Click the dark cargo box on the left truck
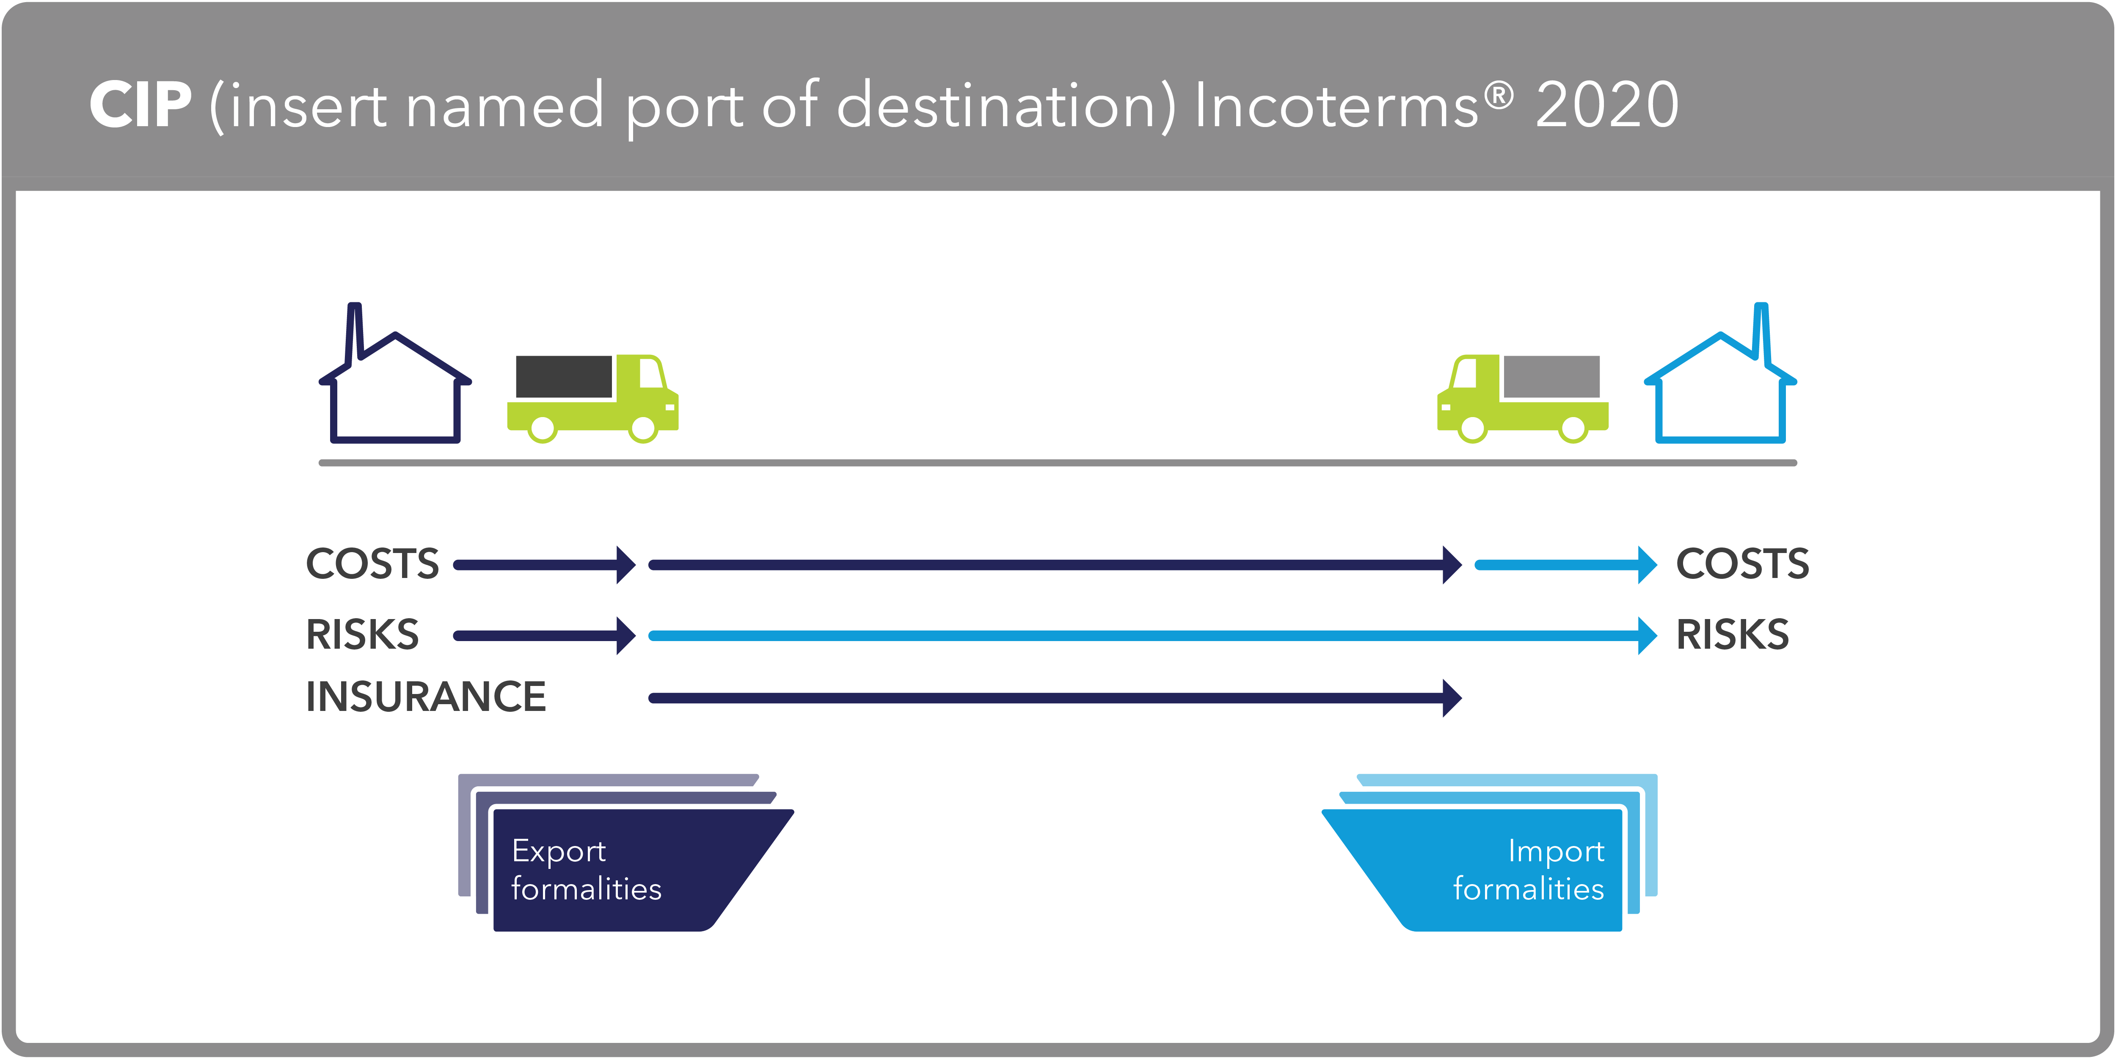564,376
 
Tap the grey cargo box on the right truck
1551,376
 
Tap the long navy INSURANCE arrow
1051,698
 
